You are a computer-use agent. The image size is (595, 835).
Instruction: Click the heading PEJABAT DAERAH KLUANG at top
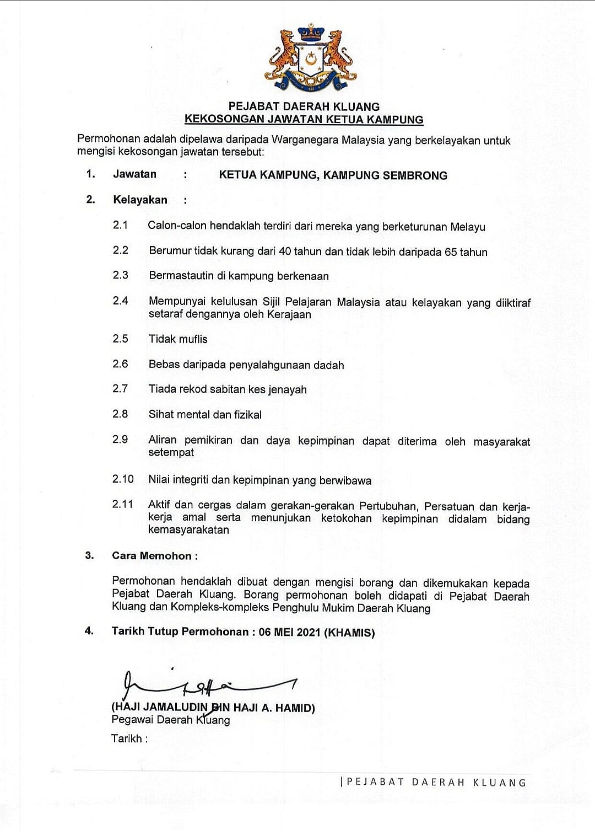pyautogui.click(x=304, y=106)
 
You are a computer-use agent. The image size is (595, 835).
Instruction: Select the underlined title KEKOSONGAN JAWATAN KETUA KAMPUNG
pyautogui.click(x=304, y=119)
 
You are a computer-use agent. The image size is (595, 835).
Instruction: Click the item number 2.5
pyautogui.click(x=120, y=339)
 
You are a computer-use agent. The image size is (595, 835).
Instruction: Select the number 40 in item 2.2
pyautogui.click(x=285, y=252)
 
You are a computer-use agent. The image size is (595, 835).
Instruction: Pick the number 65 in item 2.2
pyautogui.click(x=451, y=252)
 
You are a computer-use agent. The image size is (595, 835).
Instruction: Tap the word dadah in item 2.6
pyautogui.click(x=329, y=365)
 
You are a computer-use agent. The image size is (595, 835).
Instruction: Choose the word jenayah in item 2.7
pyautogui.click(x=288, y=390)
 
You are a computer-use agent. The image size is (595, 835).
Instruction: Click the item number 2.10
pyautogui.click(x=123, y=479)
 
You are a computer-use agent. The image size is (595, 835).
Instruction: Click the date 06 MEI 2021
pyautogui.click(x=289, y=632)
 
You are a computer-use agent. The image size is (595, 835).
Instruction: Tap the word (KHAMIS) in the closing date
pyautogui.click(x=349, y=633)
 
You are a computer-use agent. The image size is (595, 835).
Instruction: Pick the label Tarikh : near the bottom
pyautogui.click(x=129, y=738)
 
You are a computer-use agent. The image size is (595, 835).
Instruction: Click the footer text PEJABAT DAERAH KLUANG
pyautogui.click(x=436, y=782)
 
